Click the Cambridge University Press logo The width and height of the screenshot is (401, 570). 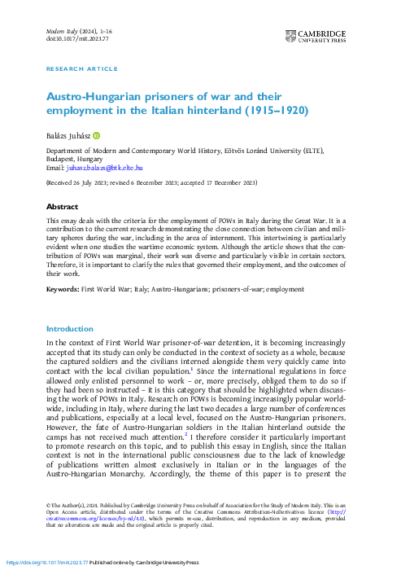316,36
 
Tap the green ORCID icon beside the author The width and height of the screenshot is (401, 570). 95,134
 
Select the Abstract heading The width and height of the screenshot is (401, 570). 62,207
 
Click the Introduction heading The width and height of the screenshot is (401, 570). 70,329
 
